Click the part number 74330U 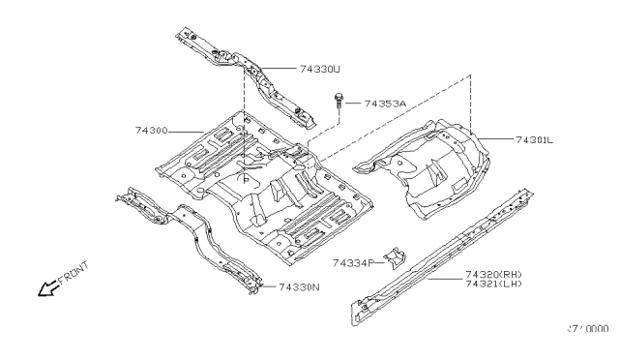coord(320,69)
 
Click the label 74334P coord(353,262)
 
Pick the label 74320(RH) coord(495,274)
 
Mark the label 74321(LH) coord(495,284)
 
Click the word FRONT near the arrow coord(73,275)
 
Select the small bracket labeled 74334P coord(395,259)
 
